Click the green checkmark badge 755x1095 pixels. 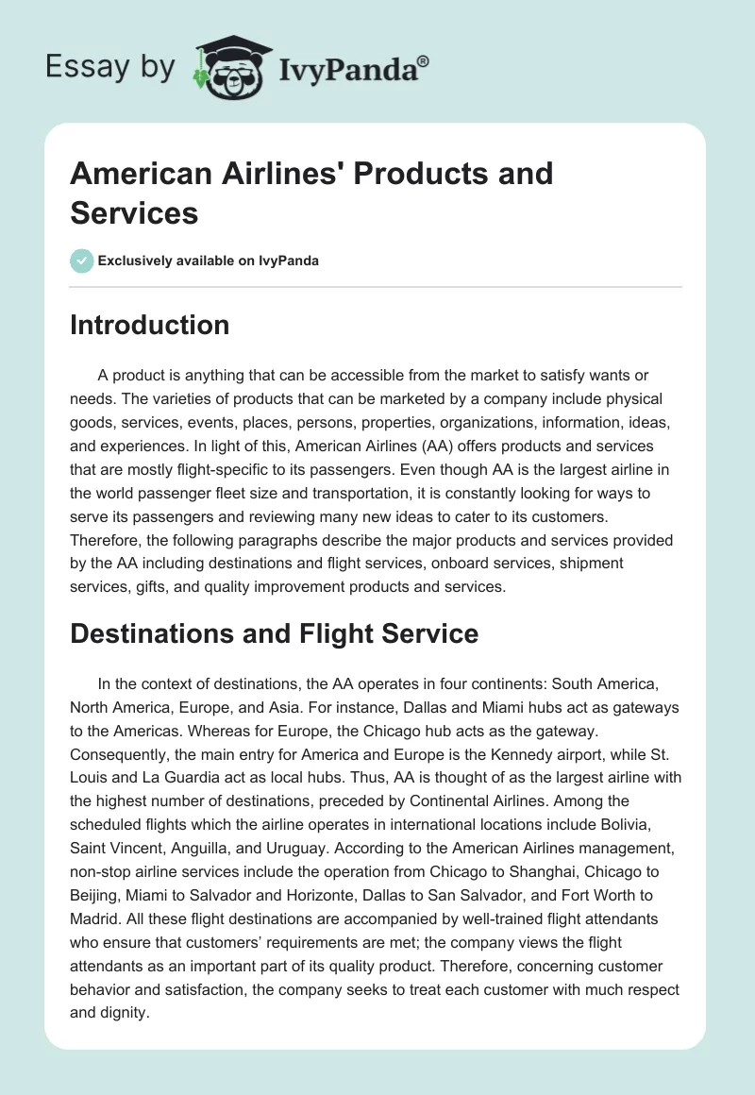[x=82, y=261]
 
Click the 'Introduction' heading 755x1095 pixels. [x=149, y=325]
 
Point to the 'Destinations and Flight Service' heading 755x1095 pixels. [x=274, y=634]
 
